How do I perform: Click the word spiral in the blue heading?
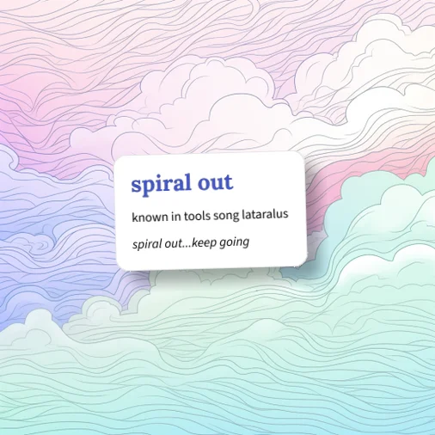coord(162,184)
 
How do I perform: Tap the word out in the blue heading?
coord(216,182)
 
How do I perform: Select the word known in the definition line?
coord(150,217)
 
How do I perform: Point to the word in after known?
coord(176,216)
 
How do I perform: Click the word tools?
coord(197,216)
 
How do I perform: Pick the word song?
coord(226,216)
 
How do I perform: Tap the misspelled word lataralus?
coord(265,214)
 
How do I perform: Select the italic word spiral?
coord(147,244)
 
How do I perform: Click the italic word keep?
coord(204,243)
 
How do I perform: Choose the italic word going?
coord(234,242)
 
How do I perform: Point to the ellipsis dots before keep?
coord(187,247)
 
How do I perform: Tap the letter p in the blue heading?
coord(147,187)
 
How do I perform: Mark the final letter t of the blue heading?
coord(228,182)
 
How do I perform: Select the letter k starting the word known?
coord(135,217)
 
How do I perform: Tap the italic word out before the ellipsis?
coord(173,244)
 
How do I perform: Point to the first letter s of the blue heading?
coord(135,186)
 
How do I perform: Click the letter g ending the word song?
coord(236,217)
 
